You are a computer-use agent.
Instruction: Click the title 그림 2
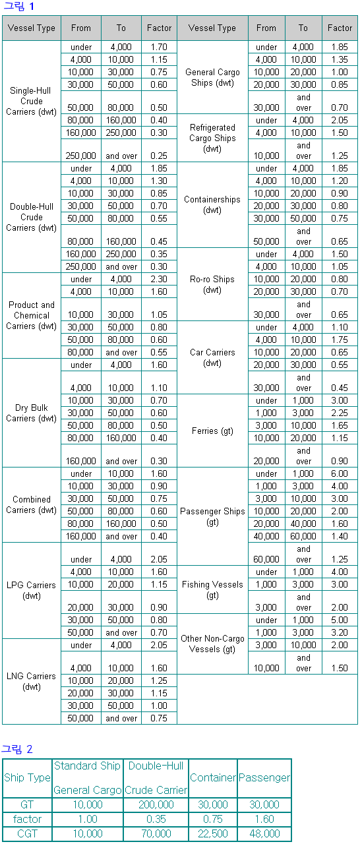[x=16, y=749]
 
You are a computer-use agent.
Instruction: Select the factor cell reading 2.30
[x=159, y=280]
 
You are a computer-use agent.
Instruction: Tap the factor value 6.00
[x=340, y=473]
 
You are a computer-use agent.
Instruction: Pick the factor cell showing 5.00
[x=340, y=620]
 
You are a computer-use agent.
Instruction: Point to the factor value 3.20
[x=340, y=632]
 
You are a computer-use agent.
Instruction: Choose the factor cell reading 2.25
[x=340, y=413]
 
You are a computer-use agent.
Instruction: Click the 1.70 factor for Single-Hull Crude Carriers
[x=159, y=47]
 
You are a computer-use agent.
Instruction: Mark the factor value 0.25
[x=159, y=156]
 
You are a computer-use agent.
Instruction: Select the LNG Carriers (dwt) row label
[x=32, y=681]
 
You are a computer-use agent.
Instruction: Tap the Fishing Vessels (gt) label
[x=212, y=589]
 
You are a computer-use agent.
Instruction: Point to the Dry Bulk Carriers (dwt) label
[x=32, y=413]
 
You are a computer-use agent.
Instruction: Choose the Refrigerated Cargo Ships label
[x=212, y=138]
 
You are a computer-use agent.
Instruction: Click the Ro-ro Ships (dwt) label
[x=212, y=284]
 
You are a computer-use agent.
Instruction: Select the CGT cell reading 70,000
[x=156, y=833]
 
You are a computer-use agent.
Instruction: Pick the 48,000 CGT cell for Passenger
[x=264, y=833]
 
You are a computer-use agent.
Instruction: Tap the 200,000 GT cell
[x=156, y=804]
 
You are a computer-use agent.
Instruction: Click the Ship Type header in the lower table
[x=27, y=777]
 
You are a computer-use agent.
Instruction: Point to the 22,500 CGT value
[x=213, y=833]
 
